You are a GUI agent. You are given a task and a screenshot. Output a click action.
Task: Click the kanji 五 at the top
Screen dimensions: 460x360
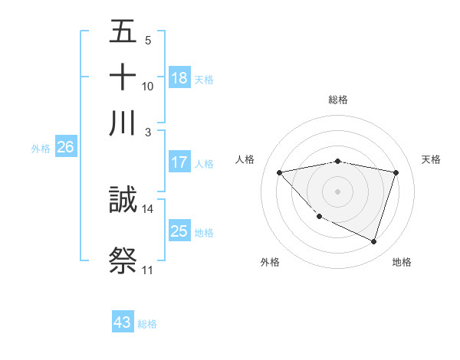pos(123,32)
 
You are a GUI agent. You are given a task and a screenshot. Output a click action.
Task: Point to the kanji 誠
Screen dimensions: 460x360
pos(123,201)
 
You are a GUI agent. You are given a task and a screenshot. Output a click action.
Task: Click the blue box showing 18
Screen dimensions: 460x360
pos(179,77)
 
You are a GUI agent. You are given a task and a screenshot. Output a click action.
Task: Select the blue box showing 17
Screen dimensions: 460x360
pos(179,162)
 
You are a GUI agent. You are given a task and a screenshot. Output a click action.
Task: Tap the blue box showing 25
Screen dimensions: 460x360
pos(179,231)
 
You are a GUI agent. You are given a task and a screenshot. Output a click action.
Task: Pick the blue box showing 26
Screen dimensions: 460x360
pos(65,148)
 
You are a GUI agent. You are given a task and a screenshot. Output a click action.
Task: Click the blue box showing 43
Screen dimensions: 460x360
pos(123,322)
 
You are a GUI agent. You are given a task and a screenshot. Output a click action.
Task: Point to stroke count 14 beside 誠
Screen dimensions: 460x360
pos(148,208)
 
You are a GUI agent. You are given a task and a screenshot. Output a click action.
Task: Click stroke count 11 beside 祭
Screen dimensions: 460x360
pos(147,270)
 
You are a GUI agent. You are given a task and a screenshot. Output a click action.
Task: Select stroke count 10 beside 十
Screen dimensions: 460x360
pos(148,86)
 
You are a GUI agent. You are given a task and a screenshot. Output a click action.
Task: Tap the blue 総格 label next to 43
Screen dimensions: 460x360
pos(147,324)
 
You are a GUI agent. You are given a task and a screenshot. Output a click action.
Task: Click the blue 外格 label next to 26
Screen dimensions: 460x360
pos(41,149)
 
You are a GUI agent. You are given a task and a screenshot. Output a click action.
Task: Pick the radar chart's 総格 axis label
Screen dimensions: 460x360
pos(338,100)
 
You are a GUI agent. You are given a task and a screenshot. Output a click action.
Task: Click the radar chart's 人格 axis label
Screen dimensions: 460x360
pos(245,159)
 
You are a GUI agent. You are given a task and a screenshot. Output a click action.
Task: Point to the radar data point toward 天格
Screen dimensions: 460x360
pos(396,172)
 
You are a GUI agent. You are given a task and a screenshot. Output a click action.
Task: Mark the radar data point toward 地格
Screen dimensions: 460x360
pos(374,242)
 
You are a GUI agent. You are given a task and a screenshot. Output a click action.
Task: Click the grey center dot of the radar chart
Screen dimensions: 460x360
pos(338,191)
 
